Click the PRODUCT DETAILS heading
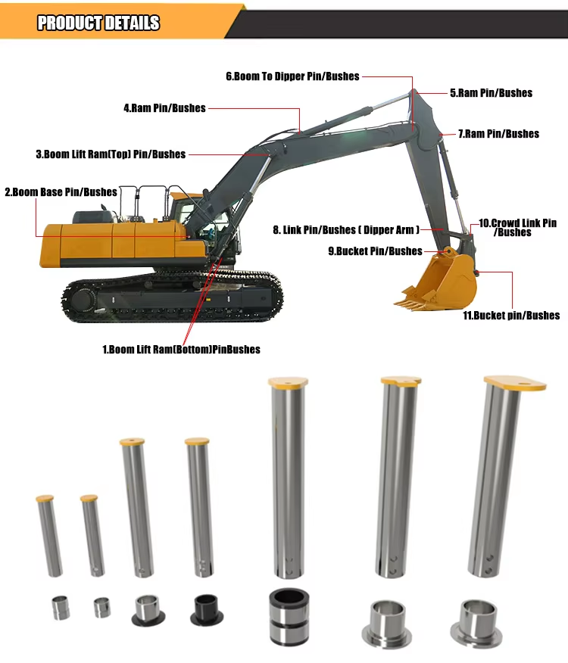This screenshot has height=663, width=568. click(98, 23)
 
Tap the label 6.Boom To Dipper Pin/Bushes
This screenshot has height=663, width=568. click(292, 76)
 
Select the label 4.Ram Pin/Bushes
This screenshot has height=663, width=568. click(164, 108)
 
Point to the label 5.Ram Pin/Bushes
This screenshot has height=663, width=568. click(491, 93)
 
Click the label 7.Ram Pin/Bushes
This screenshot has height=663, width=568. click(498, 134)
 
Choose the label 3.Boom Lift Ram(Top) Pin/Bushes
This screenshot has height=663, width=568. click(111, 154)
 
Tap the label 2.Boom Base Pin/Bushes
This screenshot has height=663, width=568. click(61, 192)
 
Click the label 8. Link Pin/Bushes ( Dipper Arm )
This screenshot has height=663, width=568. click(346, 230)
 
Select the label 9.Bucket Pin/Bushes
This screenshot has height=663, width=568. click(376, 251)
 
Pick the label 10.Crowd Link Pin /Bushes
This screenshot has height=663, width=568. click(517, 228)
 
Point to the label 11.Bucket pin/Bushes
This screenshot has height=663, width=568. click(511, 316)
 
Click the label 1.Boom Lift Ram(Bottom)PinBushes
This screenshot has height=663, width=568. click(181, 350)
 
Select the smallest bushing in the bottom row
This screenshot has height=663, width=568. click(102, 607)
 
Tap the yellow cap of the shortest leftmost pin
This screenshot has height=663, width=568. click(45, 498)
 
